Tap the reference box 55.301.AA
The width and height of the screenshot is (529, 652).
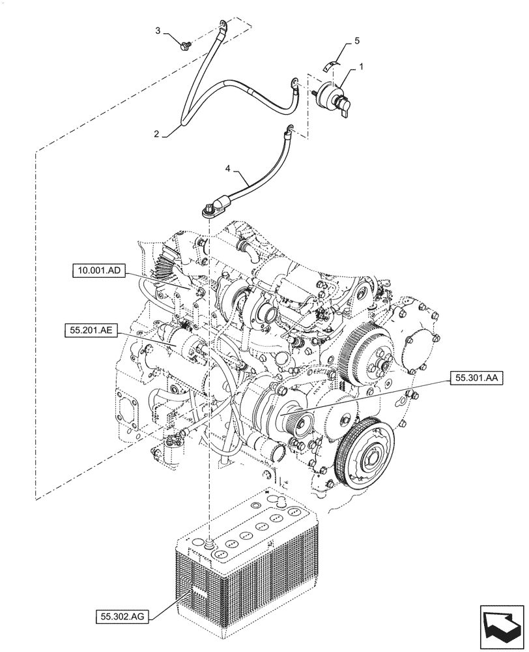tap(474, 378)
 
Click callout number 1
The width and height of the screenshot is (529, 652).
tap(363, 67)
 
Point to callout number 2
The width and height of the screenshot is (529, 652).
tap(156, 134)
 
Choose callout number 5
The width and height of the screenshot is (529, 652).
tap(356, 40)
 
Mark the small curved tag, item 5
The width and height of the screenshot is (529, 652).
tap(332, 64)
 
